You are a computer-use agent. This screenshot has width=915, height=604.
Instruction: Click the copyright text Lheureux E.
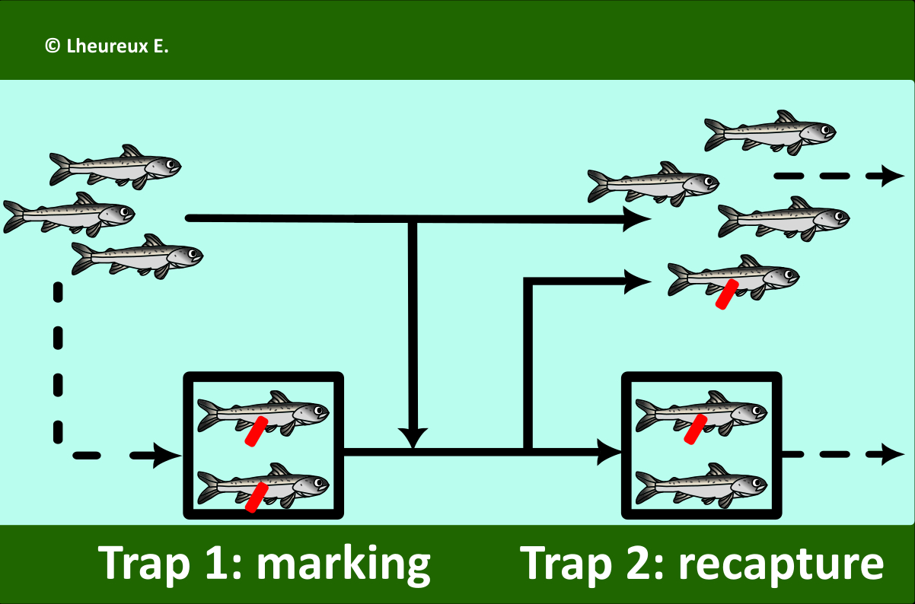107,46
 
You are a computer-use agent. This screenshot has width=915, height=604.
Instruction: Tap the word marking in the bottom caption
343,564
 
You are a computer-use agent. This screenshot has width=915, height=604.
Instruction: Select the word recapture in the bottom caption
780,564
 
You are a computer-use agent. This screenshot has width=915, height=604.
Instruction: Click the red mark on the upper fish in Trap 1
256,431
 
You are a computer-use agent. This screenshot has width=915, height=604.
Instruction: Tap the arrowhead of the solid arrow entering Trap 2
611,453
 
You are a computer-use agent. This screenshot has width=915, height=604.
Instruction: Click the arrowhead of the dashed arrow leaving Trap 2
888,455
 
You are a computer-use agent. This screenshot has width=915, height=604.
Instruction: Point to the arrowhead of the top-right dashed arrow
888,176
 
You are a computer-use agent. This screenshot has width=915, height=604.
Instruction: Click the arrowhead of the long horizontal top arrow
638,220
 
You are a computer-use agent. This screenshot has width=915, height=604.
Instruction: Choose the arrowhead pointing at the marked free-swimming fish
638,281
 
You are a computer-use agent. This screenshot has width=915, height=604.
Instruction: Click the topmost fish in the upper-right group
770,132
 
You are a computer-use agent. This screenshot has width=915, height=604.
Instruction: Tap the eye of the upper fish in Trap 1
316,412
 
